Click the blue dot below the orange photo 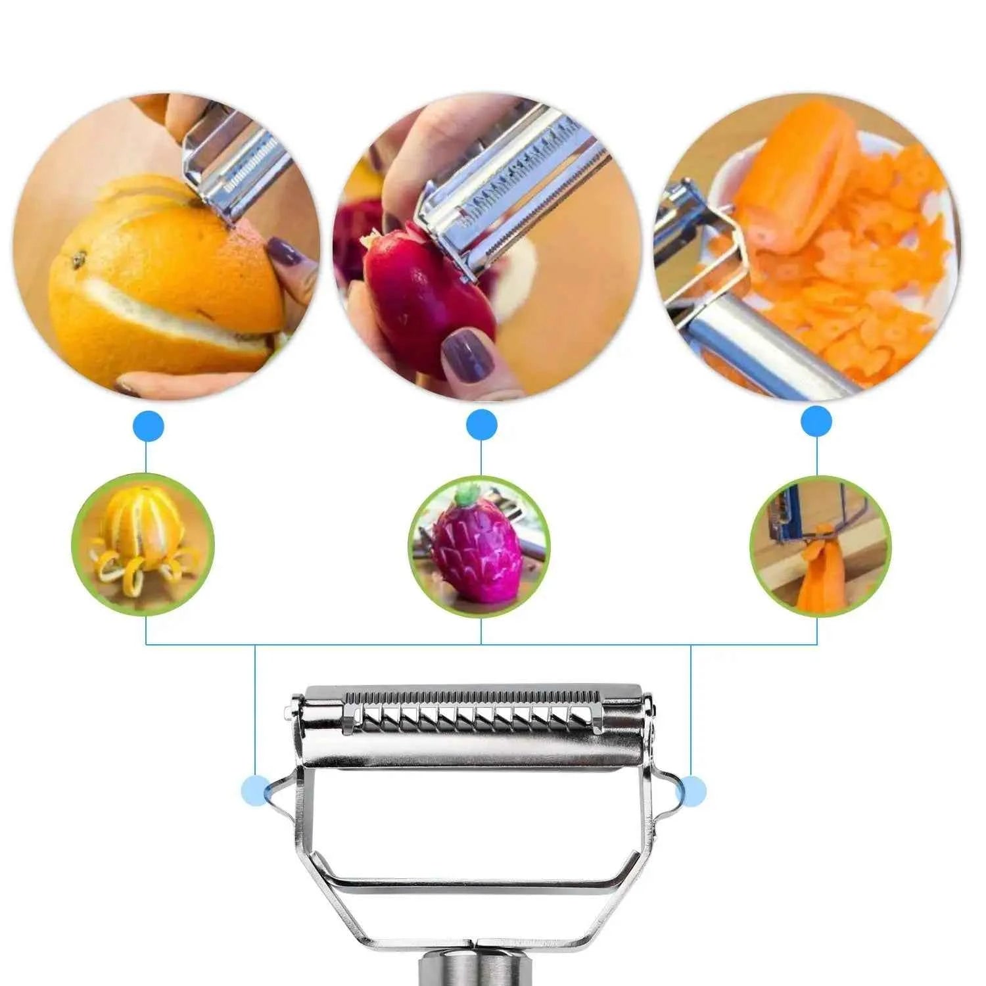148,427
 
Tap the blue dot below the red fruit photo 481,425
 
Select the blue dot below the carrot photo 816,422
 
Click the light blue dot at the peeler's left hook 256,789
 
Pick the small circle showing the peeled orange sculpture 143,544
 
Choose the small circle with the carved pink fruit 479,547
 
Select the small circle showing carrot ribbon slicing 820,546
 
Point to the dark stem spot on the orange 79,261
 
